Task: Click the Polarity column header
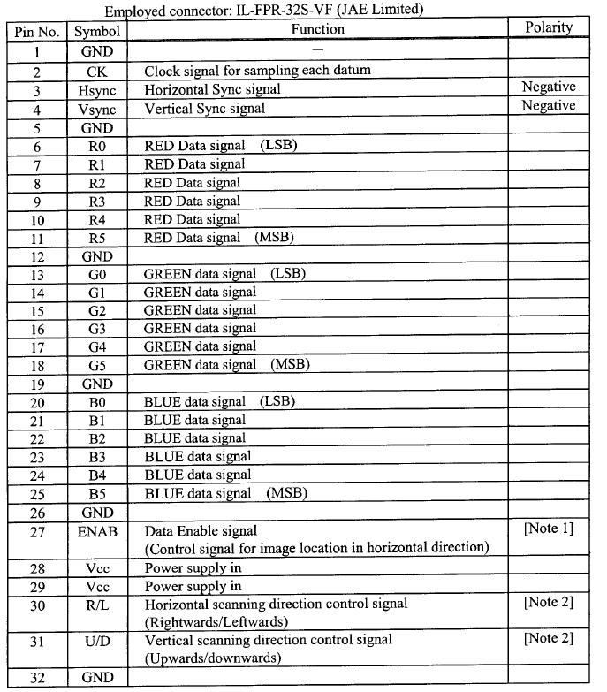coord(548,27)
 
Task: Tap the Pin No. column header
coord(36,31)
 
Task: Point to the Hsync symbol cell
coord(97,90)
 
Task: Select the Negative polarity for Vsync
coord(548,106)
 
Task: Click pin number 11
coord(36,238)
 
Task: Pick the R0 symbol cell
coord(97,146)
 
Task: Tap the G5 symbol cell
coord(97,365)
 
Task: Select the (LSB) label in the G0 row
coord(287,274)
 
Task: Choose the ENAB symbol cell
coord(97,532)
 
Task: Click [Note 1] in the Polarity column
coord(548,529)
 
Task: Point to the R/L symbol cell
coord(97,605)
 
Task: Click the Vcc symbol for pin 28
coord(97,568)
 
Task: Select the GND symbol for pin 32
coord(97,678)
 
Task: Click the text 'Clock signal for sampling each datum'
coord(257,71)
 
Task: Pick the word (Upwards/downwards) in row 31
coord(213,658)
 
